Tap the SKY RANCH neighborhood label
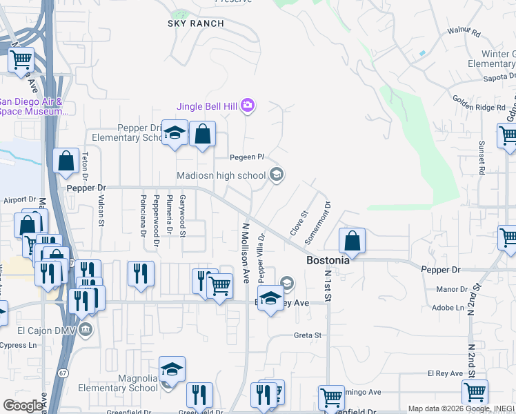click(196, 23)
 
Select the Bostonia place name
click(328, 262)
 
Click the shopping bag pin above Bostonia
click(352, 241)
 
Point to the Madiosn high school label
click(221, 175)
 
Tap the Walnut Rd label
click(464, 32)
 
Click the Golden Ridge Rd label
click(479, 107)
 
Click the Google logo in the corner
click(23, 406)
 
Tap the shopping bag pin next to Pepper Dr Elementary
click(202, 135)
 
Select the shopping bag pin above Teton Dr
click(66, 161)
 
